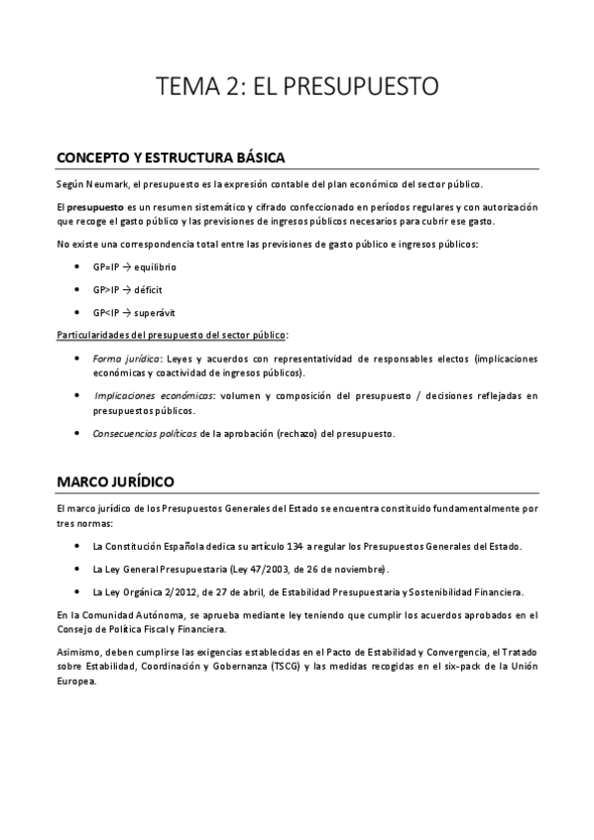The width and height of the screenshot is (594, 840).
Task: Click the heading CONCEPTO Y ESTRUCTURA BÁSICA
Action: [x=172, y=157]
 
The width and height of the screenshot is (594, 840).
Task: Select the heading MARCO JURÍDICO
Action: [x=116, y=481]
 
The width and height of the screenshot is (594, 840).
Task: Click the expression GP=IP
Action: [x=105, y=267]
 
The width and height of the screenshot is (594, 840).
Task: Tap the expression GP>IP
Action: [x=105, y=289]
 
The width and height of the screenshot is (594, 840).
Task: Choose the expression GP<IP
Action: [x=105, y=311]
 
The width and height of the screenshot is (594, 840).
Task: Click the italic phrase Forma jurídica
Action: [x=119, y=358]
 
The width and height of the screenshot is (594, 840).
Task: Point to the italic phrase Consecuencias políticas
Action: [x=144, y=433]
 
